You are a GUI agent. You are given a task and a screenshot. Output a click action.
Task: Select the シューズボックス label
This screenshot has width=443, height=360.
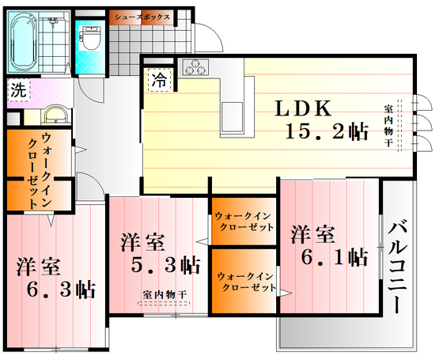[142, 16]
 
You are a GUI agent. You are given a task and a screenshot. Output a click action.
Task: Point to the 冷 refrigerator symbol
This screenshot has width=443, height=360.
[160, 79]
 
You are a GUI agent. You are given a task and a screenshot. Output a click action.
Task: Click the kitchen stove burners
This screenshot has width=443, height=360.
[195, 68]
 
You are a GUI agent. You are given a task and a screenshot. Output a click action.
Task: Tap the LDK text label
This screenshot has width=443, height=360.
[307, 109]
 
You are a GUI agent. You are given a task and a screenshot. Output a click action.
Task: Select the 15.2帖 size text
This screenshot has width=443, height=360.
[328, 133]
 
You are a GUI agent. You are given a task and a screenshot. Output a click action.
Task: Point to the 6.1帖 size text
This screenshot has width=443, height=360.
[335, 257]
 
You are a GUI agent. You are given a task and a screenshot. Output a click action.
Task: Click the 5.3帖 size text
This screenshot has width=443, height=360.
[166, 263]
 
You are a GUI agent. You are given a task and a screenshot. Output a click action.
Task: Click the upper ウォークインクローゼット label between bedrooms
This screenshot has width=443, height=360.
[244, 221]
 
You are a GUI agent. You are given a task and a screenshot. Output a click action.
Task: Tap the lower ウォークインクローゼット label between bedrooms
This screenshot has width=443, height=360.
[245, 281]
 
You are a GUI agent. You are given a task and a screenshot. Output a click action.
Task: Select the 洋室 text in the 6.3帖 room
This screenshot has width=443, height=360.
[40, 267]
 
